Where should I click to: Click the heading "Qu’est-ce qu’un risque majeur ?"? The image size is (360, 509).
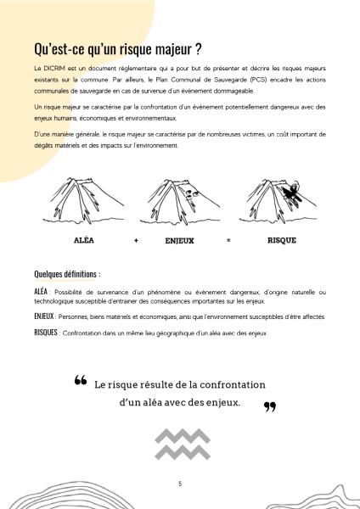118,49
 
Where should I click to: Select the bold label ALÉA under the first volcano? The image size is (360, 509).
84,240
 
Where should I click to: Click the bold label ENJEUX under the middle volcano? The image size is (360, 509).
179,241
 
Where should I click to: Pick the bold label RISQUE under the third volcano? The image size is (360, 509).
282,240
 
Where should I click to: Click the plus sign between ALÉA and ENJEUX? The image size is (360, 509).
136,241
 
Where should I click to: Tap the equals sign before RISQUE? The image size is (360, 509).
228,241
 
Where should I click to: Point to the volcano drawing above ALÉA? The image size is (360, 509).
83,201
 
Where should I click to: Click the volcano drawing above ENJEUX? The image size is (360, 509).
180,202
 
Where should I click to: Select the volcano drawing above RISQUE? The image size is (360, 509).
278,201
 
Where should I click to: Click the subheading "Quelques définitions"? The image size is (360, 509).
65,274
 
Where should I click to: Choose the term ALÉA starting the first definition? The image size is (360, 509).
41,292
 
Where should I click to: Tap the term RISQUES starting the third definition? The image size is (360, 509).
46,333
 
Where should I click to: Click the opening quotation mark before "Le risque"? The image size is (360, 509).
81,380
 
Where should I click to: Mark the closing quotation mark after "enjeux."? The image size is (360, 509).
270,407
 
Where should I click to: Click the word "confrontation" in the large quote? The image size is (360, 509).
233,384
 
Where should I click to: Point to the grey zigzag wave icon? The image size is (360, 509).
183,444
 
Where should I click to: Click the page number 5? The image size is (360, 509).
180,484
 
